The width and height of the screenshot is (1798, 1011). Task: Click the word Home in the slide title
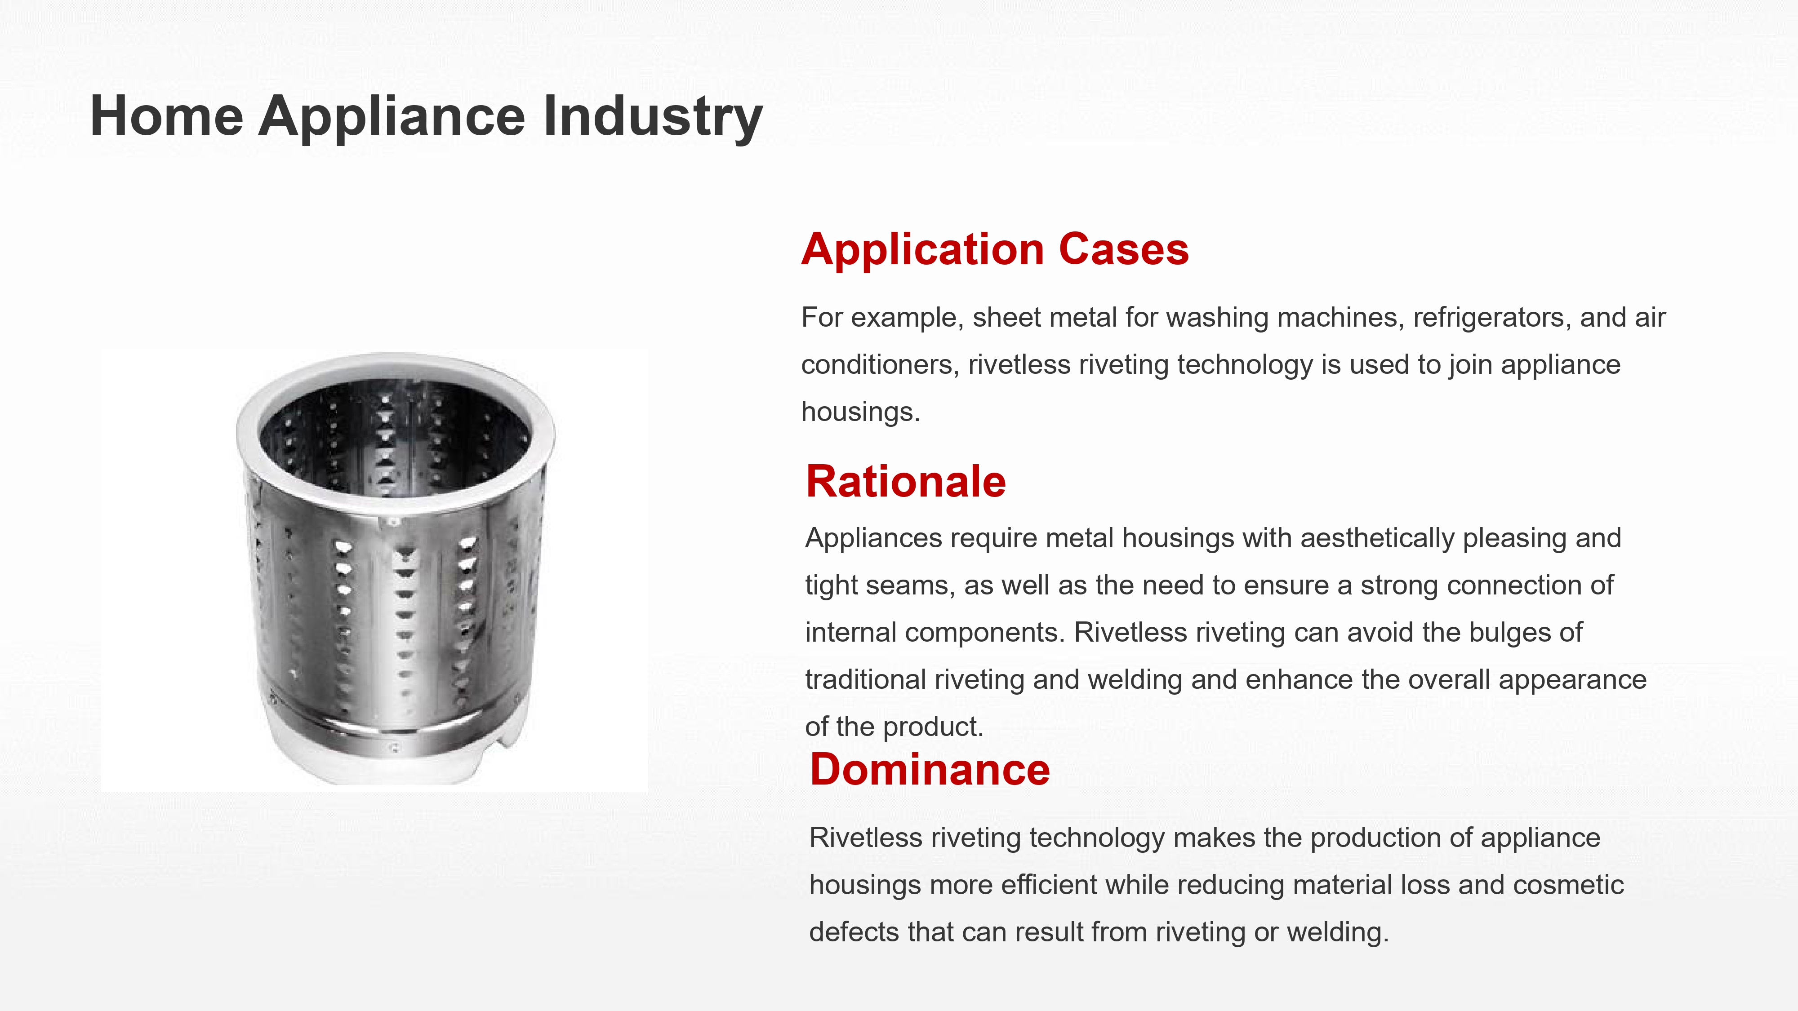[167, 116]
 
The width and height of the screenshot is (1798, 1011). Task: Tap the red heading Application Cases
[995, 250]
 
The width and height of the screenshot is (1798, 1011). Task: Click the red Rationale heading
[905, 481]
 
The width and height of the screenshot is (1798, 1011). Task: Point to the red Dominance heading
[930, 770]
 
